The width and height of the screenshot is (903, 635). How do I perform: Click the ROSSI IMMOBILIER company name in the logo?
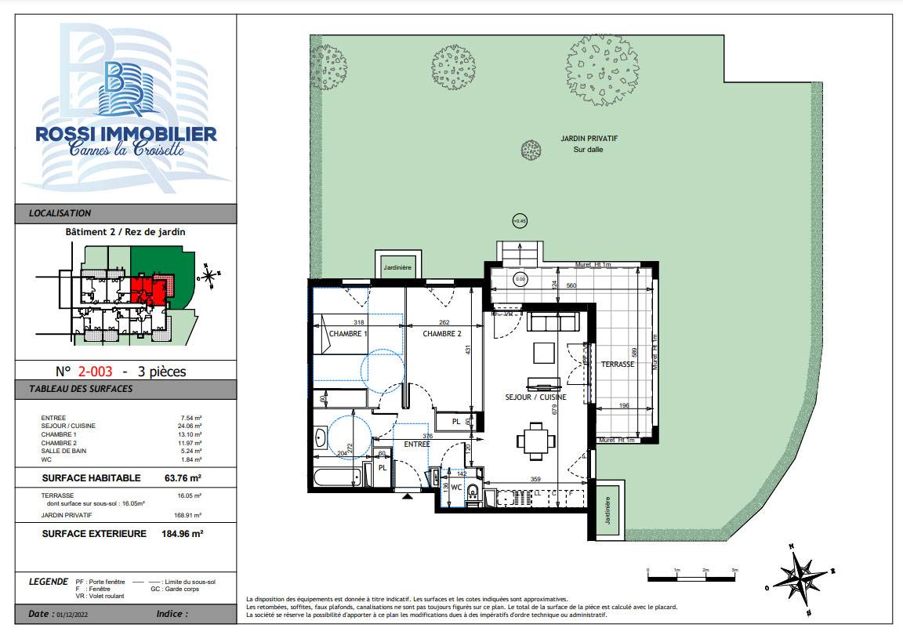point(126,134)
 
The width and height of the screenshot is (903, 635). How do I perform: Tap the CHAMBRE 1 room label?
point(348,334)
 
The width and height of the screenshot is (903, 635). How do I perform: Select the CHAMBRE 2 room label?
point(442,334)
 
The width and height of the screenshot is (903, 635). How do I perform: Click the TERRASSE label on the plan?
point(617,365)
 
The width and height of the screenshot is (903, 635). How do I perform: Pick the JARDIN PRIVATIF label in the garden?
point(589,138)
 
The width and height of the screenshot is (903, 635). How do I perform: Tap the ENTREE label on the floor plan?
point(417,444)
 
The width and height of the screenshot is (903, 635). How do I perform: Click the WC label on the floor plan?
point(455,487)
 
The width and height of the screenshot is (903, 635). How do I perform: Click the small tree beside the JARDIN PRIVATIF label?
point(531,149)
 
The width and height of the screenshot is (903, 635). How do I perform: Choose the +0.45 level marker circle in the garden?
point(519,221)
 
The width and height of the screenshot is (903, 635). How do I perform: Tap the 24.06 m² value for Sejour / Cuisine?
point(190,426)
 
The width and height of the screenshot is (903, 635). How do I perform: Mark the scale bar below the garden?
point(691,577)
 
